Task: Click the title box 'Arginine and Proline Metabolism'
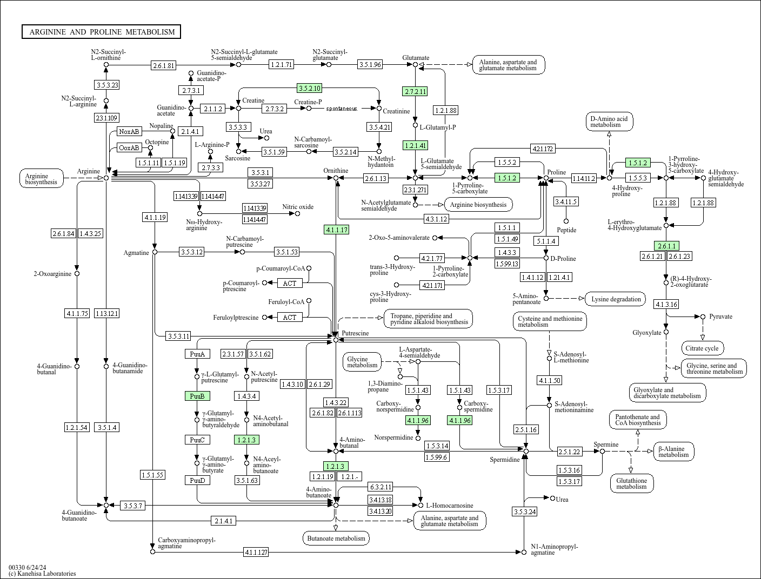(102, 32)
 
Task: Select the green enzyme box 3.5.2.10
(309, 88)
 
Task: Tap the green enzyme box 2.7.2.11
(415, 91)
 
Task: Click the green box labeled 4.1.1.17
(336, 230)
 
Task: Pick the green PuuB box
(197, 396)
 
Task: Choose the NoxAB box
(129, 131)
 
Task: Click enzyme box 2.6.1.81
(163, 65)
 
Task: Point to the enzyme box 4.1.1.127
(256, 552)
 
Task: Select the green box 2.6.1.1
(666, 246)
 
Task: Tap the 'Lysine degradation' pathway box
(616, 299)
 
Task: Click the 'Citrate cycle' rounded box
(703, 348)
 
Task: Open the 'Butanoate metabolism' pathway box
(336, 538)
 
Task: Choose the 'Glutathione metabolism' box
(631, 483)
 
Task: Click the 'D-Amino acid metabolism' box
(609, 122)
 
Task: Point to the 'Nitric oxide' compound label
(297, 207)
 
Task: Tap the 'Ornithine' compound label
(336, 171)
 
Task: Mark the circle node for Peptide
(566, 221)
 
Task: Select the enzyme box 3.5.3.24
(524, 511)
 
